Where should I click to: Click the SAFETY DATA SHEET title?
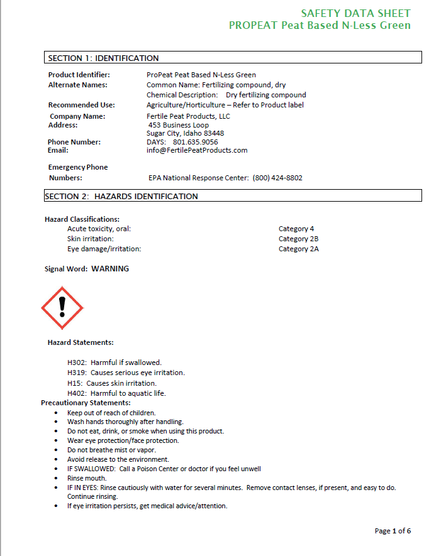coord(355,13)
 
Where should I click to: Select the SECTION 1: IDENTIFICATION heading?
coord(104,58)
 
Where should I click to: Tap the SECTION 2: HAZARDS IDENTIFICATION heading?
coord(121,197)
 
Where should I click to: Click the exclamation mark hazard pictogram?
coord(62,308)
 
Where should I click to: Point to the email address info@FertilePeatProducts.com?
coord(197,150)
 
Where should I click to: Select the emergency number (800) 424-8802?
coord(277,178)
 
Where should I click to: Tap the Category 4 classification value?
coord(296,229)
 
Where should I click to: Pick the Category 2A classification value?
coord(299,249)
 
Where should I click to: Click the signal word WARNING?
coord(110,269)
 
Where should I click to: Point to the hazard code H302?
coord(77,362)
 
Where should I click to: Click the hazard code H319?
coord(77,373)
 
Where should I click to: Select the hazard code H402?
coord(77,393)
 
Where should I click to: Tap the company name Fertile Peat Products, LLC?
coord(188,116)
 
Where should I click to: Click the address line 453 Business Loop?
coord(179,125)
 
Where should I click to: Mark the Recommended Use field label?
coord(81,105)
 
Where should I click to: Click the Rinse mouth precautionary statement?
coord(87,478)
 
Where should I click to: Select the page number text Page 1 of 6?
coord(393,531)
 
